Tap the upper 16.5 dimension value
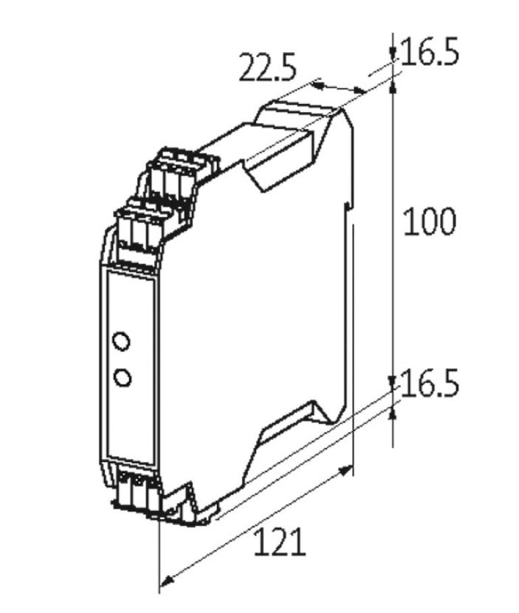[430, 53]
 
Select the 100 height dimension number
[430, 222]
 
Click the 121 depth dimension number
[280, 541]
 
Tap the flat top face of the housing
[297, 112]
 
